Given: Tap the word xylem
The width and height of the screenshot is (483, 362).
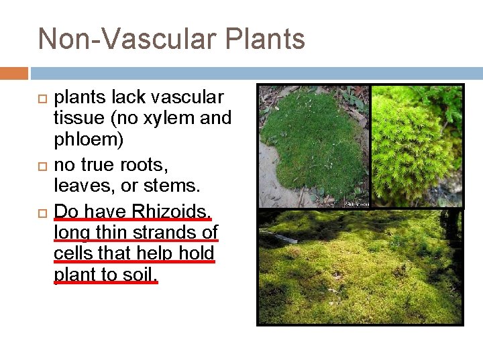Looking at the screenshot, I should click(x=160, y=119).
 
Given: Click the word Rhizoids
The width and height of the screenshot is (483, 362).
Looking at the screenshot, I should click(x=171, y=211).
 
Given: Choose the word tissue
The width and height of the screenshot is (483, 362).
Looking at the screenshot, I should click(x=78, y=119).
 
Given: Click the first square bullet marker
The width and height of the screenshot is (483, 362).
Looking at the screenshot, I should click(x=41, y=98).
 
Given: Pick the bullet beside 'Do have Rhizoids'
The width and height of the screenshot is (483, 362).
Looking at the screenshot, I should click(x=41, y=212).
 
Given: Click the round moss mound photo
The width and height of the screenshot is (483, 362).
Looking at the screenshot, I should click(x=313, y=145).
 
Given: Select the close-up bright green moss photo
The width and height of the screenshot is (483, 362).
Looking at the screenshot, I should click(x=417, y=145).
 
